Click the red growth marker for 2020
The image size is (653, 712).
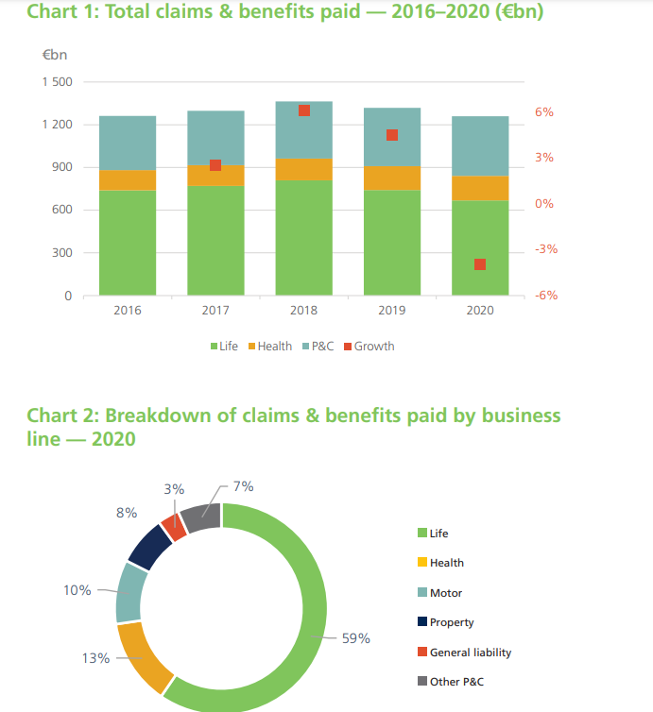480,264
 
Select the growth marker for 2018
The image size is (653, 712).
304,110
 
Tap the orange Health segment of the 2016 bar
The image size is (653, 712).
128,179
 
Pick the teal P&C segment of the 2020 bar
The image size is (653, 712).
480,145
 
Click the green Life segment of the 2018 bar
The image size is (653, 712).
304,237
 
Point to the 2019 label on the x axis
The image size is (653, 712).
392,311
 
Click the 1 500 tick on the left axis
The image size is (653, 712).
57,82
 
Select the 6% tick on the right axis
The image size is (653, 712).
518,112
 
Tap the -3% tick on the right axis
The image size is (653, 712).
520,250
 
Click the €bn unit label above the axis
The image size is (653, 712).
55,55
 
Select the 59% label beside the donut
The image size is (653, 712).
355,638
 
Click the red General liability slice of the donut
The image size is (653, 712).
173,526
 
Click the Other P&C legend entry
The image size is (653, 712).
456,682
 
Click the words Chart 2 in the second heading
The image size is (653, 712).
61,416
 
